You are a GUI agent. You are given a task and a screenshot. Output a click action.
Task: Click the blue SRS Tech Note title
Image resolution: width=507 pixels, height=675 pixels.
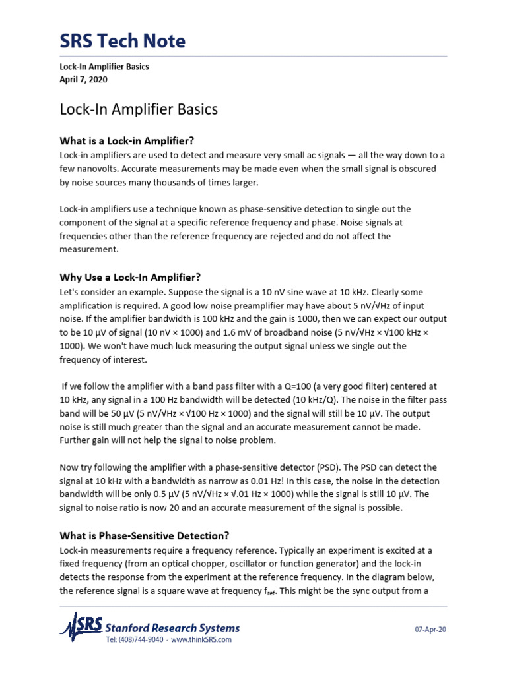pyautogui.click(x=123, y=42)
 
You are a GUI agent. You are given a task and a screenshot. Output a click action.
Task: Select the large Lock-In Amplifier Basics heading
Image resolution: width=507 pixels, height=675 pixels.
pyautogui.click(x=139, y=109)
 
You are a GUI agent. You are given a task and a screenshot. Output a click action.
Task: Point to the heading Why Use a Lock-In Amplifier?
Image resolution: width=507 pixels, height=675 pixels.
pyautogui.click(x=130, y=277)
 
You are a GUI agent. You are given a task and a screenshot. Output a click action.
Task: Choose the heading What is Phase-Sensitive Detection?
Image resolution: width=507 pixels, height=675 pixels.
pyautogui.click(x=144, y=535)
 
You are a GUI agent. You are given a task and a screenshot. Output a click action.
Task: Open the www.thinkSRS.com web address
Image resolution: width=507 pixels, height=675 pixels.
pyautogui.click(x=201, y=640)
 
